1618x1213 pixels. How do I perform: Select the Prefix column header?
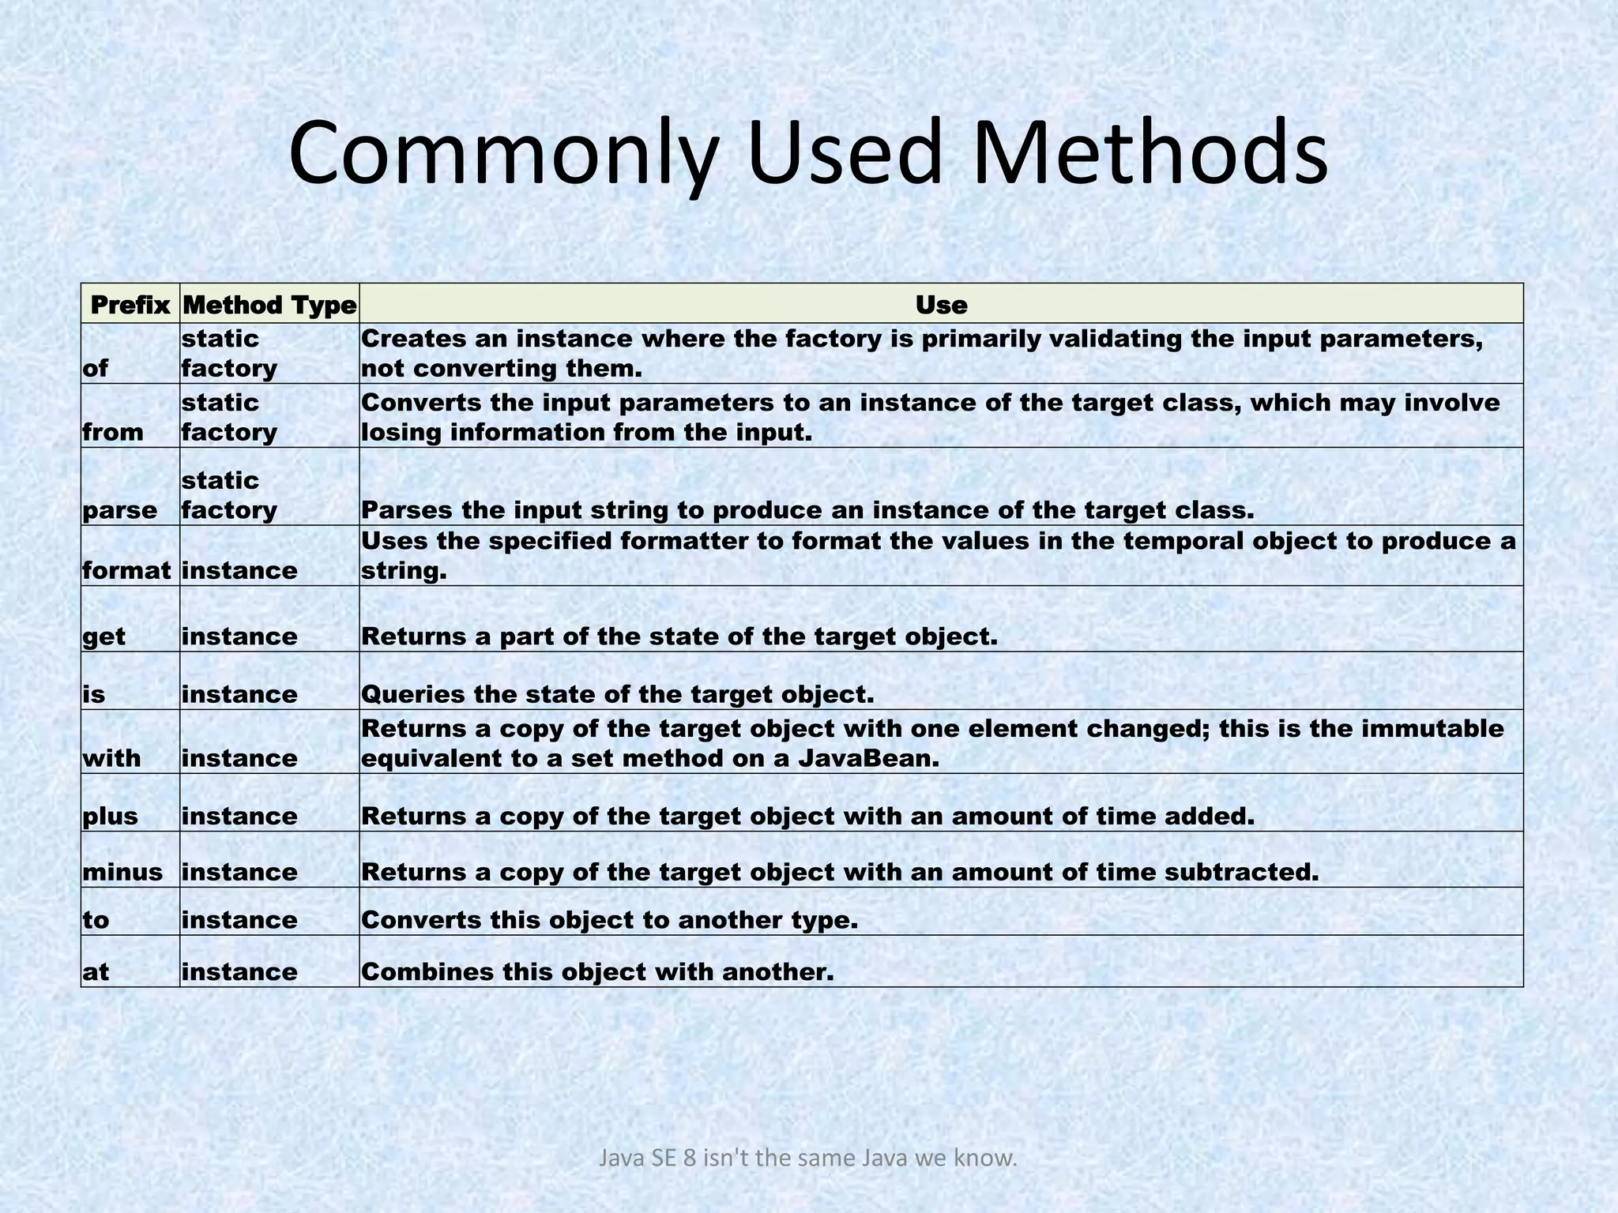click(130, 305)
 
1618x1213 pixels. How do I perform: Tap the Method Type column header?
click(269, 305)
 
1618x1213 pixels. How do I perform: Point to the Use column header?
click(941, 305)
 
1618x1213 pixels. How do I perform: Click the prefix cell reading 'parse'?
click(120, 510)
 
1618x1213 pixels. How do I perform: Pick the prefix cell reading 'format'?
click(126, 570)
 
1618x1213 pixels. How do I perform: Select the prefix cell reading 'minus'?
click(122, 872)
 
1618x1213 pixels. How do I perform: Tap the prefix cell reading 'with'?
click(111, 758)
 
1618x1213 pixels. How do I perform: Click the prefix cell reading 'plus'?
click(110, 816)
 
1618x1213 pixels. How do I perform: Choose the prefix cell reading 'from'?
click(113, 432)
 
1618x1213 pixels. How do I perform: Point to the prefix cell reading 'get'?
click(103, 637)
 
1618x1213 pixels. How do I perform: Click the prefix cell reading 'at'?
click(96, 971)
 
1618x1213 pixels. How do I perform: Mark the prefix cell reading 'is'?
click(93, 694)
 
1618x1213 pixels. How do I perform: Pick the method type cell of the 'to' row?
click(239, 920)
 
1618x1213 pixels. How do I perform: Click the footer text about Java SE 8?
click(807, 1159)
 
